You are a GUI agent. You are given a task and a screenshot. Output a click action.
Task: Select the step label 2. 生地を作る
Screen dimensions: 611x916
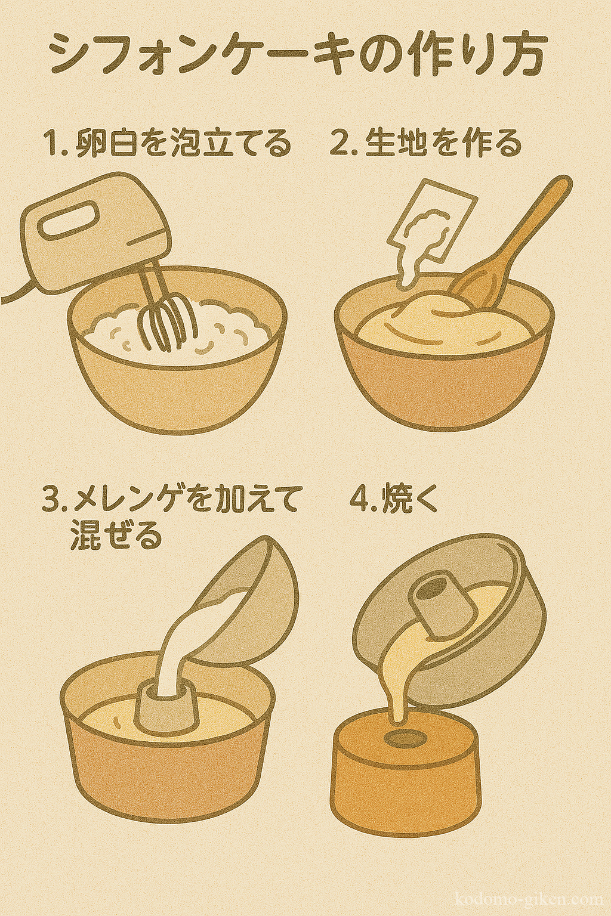426,144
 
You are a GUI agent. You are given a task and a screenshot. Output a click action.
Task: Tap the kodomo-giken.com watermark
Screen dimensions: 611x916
530,900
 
